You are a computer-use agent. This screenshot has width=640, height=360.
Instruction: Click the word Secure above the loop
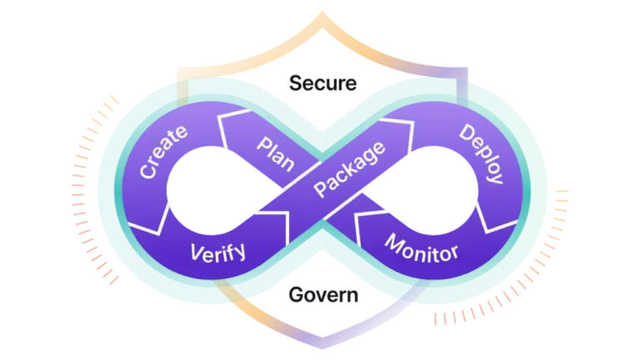tap(322, 83)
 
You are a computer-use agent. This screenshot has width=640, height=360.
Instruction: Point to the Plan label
tap(274, 151)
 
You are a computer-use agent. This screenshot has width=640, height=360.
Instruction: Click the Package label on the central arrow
tap(349, 169)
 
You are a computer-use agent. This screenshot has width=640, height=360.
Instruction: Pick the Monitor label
tap(421, 247)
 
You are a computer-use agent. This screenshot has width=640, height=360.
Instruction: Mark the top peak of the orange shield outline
tap(320, 12)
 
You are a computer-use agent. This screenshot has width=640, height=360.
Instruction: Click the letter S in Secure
tap(293, 83)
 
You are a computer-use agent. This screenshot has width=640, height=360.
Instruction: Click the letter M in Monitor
tap(392, 242)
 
